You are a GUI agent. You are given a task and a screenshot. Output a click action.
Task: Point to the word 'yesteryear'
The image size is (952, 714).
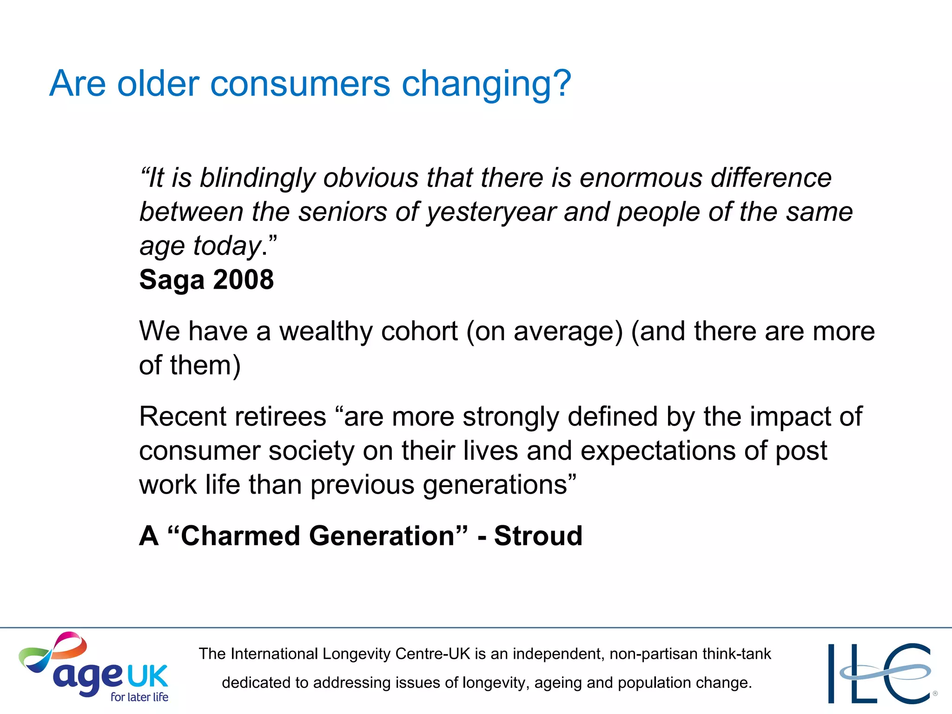(x=490, y=213)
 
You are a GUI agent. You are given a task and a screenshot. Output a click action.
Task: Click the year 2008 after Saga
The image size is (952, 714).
(x=244, y=280)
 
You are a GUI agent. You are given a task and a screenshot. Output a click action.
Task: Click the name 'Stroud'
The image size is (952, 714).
(x=538, y=536)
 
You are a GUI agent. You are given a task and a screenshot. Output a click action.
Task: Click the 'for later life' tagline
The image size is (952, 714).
(x=139, y=697)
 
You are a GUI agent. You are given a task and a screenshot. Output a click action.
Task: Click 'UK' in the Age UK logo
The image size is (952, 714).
(x=147, y=676)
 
